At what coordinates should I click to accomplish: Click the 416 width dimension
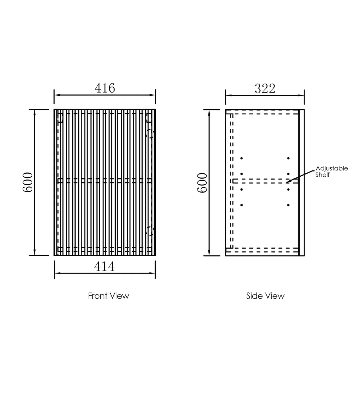[x=105, y=88]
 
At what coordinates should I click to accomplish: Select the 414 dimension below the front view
[x=104, y=267]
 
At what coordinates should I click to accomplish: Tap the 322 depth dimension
[x=265, y=89]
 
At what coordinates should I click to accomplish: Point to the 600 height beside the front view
[x=28, y=182]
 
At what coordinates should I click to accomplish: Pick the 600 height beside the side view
[x=203, y=183]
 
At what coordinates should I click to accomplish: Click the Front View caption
[x=109, y=296]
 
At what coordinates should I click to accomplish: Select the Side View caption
[x=265, y=296]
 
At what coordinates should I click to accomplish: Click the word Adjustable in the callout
[x=332, y=168]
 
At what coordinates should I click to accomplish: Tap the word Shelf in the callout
[x=322, y=175]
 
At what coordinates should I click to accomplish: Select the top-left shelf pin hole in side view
[x=242, y=158]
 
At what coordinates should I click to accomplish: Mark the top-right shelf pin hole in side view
[x=288, y=158]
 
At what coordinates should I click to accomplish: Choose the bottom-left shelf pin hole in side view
[x=242, y=205]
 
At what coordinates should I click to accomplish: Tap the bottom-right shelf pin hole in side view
[x=288, y=205]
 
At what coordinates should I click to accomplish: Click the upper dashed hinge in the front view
[x=151, y=133]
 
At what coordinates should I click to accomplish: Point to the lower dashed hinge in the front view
[x=150, y=230]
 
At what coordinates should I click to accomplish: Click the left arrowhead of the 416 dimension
[x=56, y=95]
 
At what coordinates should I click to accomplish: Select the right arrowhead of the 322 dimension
[x=302, y=95]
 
